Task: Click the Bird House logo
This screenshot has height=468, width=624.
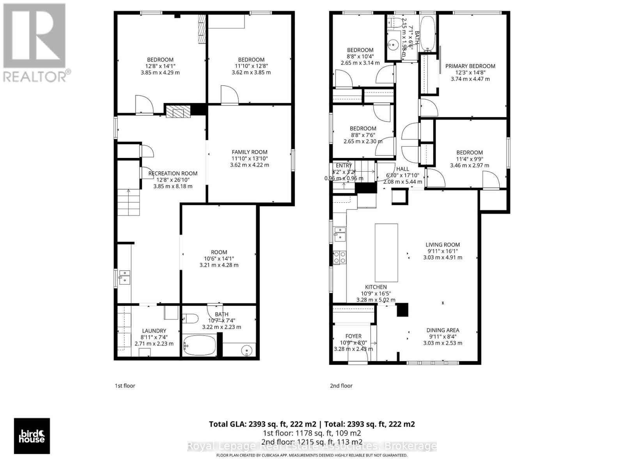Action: [32, 436]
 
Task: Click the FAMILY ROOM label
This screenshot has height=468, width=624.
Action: [250, 152]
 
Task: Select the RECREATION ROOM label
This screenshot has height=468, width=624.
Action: [173, 174]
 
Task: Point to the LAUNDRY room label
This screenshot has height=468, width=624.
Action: [154, 331]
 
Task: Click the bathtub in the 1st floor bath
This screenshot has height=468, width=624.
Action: [199, 346]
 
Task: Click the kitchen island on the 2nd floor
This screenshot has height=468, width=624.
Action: [386, 253]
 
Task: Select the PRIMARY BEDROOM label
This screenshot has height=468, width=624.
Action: [470, 66]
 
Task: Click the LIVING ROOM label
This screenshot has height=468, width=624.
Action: [443, 245]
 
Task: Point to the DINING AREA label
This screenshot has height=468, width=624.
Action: [443, 330]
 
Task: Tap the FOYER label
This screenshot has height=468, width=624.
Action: [353, 336]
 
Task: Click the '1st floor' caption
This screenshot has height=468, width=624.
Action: [125, 386]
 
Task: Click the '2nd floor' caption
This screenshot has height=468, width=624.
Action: [341, 386]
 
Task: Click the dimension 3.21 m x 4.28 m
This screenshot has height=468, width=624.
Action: [219, 265]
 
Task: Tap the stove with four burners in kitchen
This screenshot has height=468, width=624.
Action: [339, 257]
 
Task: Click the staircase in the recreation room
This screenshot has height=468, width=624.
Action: [128, 203]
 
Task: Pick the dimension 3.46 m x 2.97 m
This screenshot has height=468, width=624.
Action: [470, 165]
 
